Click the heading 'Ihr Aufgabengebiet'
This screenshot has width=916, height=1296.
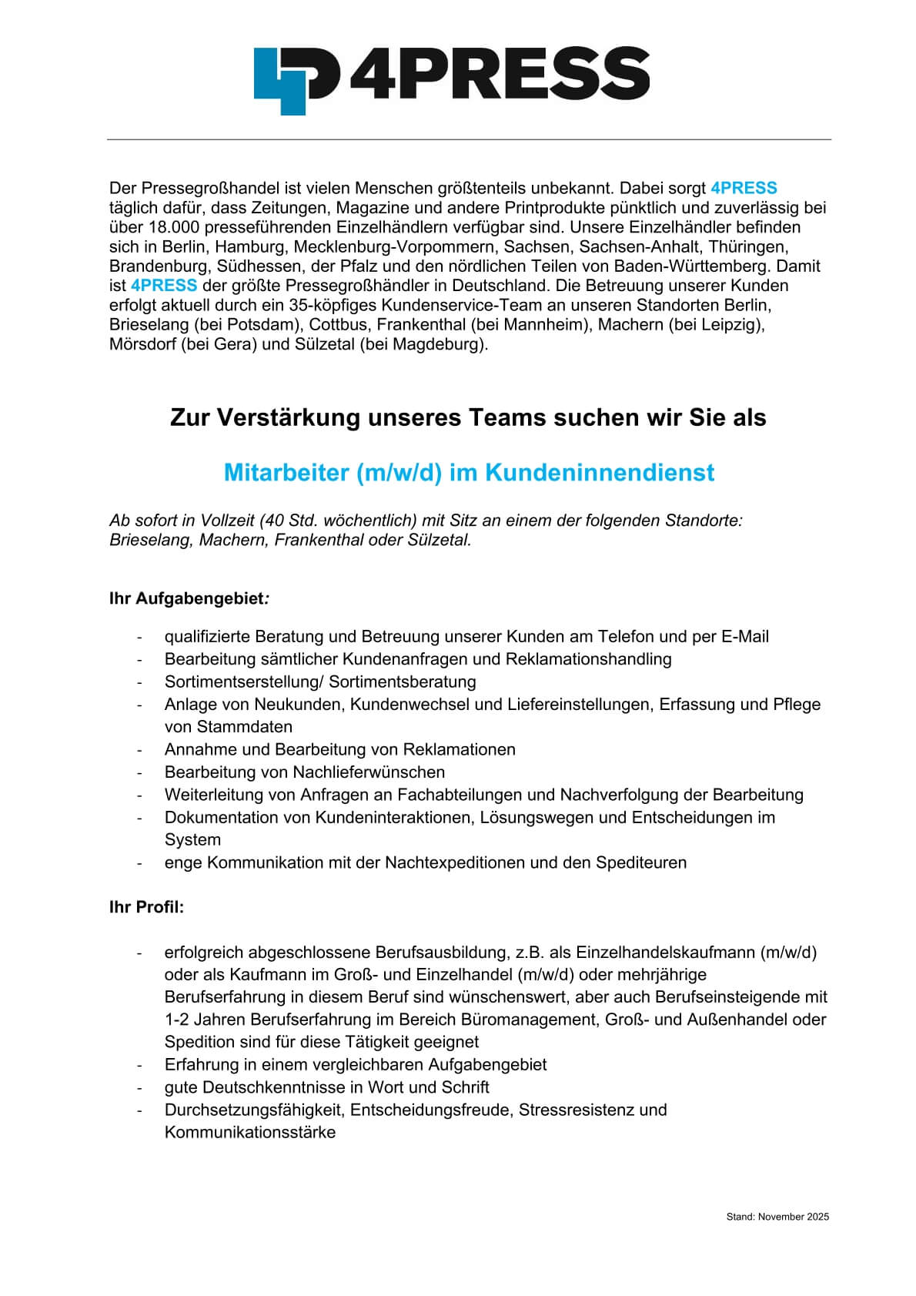click(188, 598)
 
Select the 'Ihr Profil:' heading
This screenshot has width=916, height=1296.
click(147, 907)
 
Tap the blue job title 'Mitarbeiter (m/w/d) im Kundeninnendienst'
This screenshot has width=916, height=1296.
click(469, 472)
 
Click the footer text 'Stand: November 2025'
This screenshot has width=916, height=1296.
click(777, 1217)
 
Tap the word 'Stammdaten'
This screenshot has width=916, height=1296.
click(229, 726)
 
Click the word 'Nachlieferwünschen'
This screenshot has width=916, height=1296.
click(369, 772)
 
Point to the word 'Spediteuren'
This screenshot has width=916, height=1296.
click(641, 862)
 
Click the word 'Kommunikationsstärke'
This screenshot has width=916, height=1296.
click(250, 1133)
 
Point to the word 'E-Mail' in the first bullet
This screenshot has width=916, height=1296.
click(744, 637)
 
